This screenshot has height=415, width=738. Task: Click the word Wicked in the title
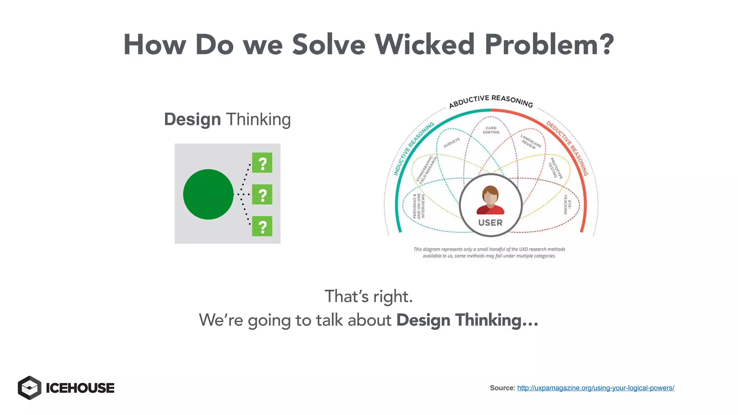coord(424,45)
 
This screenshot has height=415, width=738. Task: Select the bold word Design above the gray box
coord(192,119)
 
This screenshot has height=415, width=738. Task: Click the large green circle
coord(208,194)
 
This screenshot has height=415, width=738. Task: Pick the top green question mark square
coord(262,163)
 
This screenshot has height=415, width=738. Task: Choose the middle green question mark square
coord(262,195)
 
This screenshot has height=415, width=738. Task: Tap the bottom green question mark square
coord(262,226)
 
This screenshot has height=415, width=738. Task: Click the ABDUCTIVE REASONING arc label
coord(491,101)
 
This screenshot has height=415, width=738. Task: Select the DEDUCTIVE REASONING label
coord(567,148)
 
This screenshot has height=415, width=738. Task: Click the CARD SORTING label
coord(491,130)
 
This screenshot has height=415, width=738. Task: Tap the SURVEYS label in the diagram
coord(452,142)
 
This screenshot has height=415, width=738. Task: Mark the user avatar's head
coord(490,195)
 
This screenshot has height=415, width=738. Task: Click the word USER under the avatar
coord(490,223)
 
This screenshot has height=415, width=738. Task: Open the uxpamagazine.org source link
coord(595,388)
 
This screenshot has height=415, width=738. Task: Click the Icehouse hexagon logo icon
coord(30,388)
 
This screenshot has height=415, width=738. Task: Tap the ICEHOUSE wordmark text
coord(80,388)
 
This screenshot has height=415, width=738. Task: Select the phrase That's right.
coord(368,296)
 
